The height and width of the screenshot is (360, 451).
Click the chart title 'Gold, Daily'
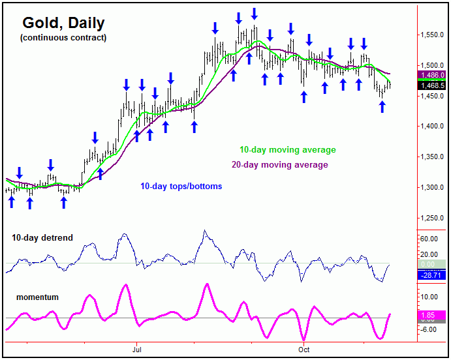pos(63,23)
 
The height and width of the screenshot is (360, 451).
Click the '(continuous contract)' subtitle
pos(63,38)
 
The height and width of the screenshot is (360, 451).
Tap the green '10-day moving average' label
pos(287,151)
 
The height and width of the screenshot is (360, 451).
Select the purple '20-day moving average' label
pos(280,165)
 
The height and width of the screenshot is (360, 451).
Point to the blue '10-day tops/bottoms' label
pos(181,187)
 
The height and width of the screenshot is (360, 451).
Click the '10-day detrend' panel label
pos(42,238)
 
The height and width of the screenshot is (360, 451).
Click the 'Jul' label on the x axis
pos(136,350)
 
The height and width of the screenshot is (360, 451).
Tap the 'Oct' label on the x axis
pos(304,350)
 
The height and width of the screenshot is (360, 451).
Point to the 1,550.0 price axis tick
pos(431,35)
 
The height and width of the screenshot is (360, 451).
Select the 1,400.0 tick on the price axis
pos(431,127)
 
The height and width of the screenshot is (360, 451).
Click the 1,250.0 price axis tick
pos(431,218)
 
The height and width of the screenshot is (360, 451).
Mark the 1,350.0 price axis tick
pos(431,157)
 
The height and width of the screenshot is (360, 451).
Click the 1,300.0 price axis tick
pos(431,188)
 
